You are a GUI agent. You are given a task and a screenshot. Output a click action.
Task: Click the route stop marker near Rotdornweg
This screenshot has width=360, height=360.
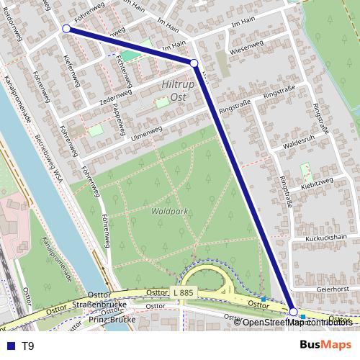(x=66, y=29)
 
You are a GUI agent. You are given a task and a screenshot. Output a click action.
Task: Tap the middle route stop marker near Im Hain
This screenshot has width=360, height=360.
(x=194, y=63)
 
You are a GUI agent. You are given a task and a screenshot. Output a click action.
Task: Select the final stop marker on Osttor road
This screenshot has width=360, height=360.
(x=293, y=311)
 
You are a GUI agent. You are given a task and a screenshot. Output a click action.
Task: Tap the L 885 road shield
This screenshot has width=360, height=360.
(x=184, y=292)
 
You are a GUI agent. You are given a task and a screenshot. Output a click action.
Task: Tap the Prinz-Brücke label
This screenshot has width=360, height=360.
(x=114, y=319)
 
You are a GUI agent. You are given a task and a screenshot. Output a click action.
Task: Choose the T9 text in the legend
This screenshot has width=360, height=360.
(x=28, y=346)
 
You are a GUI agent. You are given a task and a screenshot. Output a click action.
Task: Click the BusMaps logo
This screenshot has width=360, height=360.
(x=326, y=345)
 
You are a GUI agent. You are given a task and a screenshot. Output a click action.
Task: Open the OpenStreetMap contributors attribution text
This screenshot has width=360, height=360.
(x=297, y=322)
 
